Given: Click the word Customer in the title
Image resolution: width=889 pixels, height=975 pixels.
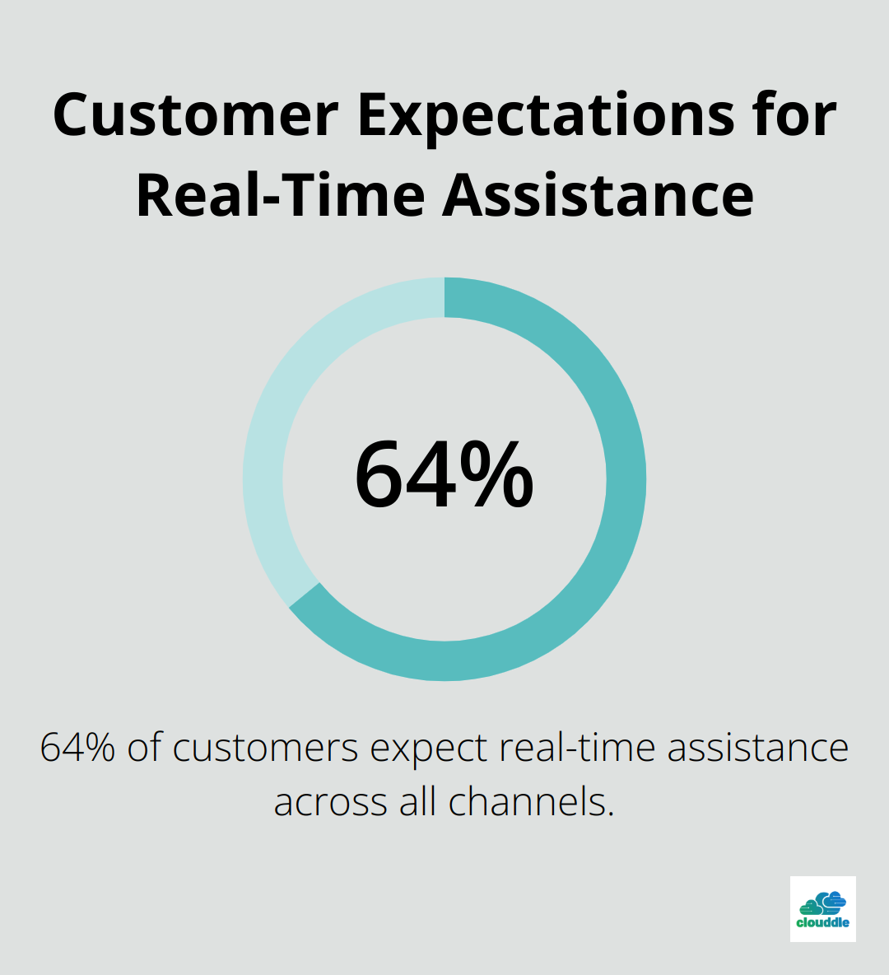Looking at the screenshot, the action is pyautogui.click(x=196, y=115).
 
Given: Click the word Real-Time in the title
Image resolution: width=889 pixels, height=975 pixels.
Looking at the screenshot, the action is pyautogui.click(x=281, y=194).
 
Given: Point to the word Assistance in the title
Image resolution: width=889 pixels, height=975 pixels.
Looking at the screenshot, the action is pyautogui.click(x=598, y=194).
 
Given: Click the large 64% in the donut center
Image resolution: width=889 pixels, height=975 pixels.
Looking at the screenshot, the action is pyautogui.click(x=444, y=474).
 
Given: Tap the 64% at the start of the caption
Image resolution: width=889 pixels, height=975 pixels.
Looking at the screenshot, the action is pyautogui.click(x=77, y=748).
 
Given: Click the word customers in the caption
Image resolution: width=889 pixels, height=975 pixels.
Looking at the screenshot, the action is pyautogui.click(x=265, y=748).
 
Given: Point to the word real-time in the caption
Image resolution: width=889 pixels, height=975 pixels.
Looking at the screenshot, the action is pyautogui.click(x=578, y=748).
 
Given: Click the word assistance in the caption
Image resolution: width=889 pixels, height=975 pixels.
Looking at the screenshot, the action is pyautogui.click(x=758, y=748).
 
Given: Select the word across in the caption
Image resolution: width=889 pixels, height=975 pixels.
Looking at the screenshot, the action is pyautogui.click(x=331, y=802).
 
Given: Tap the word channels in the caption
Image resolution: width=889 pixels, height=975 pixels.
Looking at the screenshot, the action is pyautogui.click(x=532, y=801).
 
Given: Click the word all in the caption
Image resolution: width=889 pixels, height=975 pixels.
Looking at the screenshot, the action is pyautogui.click(x=418, y=801).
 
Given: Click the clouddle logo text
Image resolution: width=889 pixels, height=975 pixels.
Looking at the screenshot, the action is pyautogui.click(x=822, y=922).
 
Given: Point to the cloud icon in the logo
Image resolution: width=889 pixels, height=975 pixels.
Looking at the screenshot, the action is pyautogui.click(x=823, y=903).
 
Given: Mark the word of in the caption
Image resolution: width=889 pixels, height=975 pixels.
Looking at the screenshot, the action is pyautogui.click(x=144, y=747).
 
